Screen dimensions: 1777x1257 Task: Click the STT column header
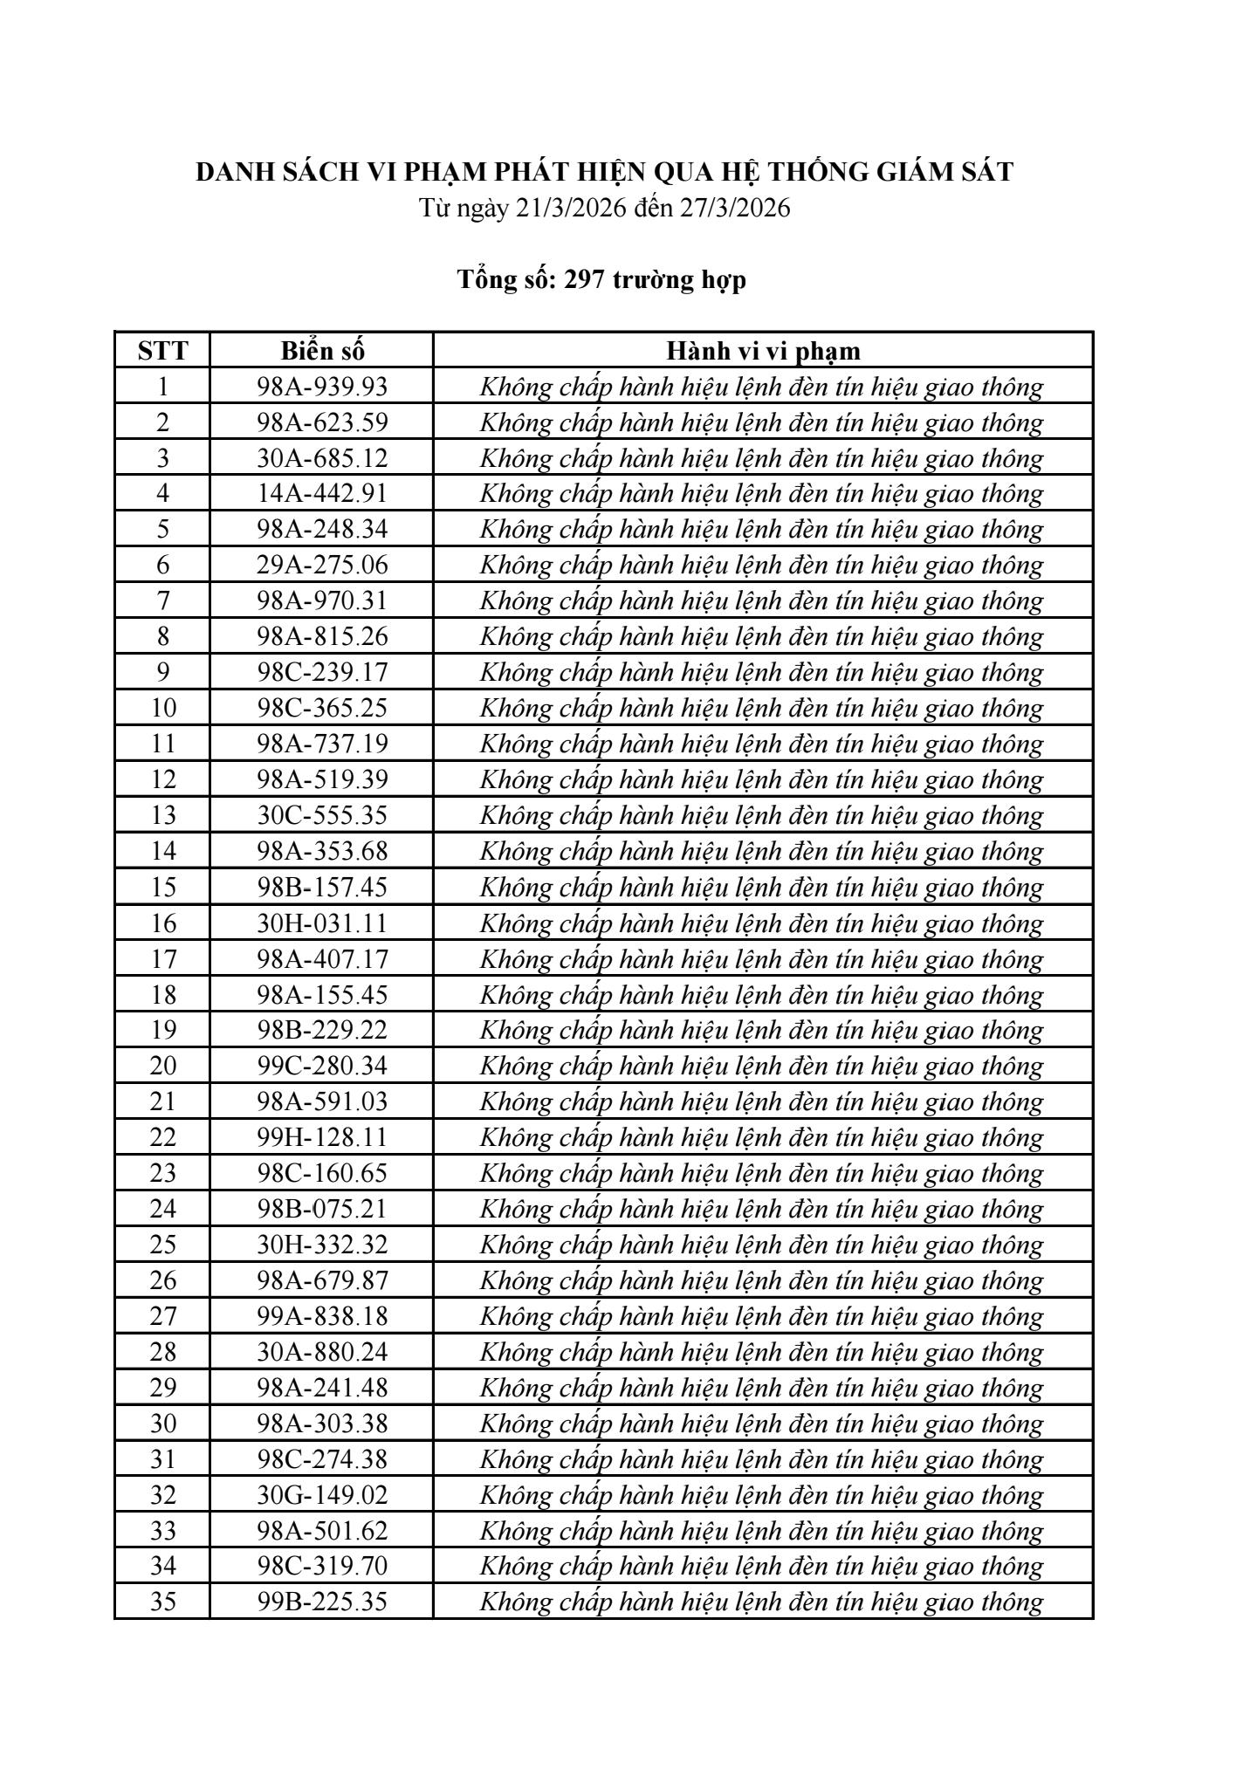coord(162,351)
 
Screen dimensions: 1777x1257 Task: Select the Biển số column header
coord(322,351)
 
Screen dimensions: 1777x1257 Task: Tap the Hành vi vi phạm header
coord(763,351)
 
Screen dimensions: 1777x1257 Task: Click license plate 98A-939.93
coord(322,387)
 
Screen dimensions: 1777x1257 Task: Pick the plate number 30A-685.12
coord(322,458)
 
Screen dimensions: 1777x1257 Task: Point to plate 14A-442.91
coord(322,494)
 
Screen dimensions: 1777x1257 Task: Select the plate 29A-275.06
coord(322,566)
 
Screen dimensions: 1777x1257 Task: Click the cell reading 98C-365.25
coord(322,708)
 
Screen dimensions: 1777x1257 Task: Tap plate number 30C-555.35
coord(322,815)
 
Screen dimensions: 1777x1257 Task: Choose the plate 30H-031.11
coord(322,923)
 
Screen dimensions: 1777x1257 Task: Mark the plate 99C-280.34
coord(322,1066)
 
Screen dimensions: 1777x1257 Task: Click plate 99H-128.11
coord(322,1137)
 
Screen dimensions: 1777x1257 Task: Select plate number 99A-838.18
coord(322,1316)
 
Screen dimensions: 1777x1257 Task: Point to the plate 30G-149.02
coord(322,1495)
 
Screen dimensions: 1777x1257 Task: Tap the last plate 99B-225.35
coord(322,1602)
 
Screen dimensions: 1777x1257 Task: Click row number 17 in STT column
coord(163,959)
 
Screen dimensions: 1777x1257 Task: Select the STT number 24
coord(163,1209)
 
